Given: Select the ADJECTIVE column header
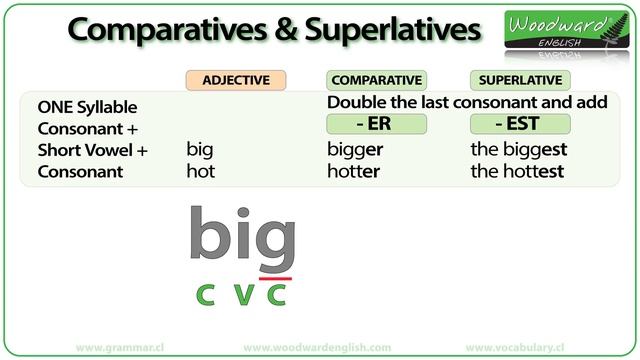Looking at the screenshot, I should click(x=236, y=80).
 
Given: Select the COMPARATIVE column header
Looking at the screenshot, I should click(x=376, y=80).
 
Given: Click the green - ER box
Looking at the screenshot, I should click(x=376, y=124).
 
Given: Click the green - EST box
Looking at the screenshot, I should click(x=520, y=124).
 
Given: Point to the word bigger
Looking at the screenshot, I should click(x=355, y=150).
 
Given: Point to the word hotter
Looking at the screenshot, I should click(x=354, y=171).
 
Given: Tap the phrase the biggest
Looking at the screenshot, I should click(x=517, y=150).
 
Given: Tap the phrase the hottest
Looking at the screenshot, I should click(x=517, y=171).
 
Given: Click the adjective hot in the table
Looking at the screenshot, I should click(x=200, y=171).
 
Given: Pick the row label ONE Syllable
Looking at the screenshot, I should click(x=87, y=107).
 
